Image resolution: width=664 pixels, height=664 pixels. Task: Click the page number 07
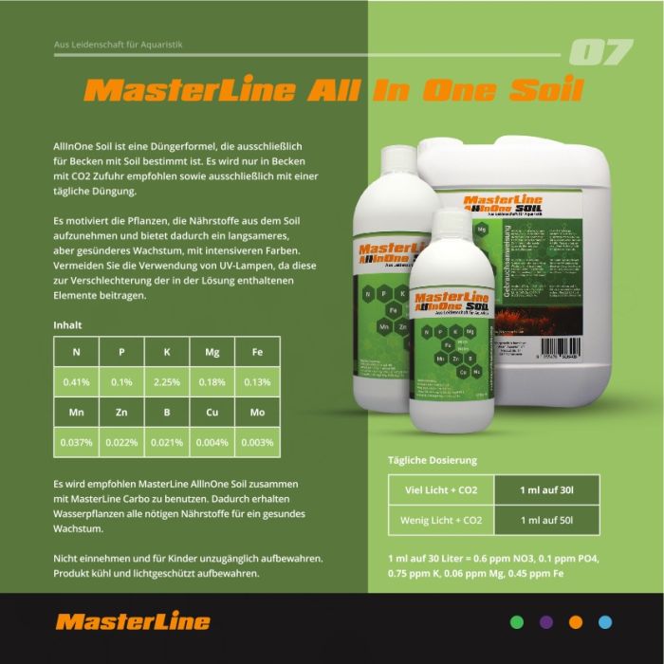tap(600, 53)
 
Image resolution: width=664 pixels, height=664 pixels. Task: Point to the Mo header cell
tap(257, 413)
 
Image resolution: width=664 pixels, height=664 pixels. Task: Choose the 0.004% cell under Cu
tap(212, 442)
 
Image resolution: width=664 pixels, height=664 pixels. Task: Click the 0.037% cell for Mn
tap(76, 442)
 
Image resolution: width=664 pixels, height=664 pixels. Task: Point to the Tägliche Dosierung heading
tap(432, 460)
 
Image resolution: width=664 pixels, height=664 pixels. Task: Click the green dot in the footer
tap(517, 622)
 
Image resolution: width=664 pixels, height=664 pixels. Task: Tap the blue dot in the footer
tap(604, 622)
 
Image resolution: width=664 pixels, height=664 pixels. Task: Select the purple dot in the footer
tap(545, 622)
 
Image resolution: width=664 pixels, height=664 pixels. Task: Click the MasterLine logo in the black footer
tap(133, 622)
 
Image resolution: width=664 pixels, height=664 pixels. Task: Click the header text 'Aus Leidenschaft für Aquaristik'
tap(104, 45)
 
